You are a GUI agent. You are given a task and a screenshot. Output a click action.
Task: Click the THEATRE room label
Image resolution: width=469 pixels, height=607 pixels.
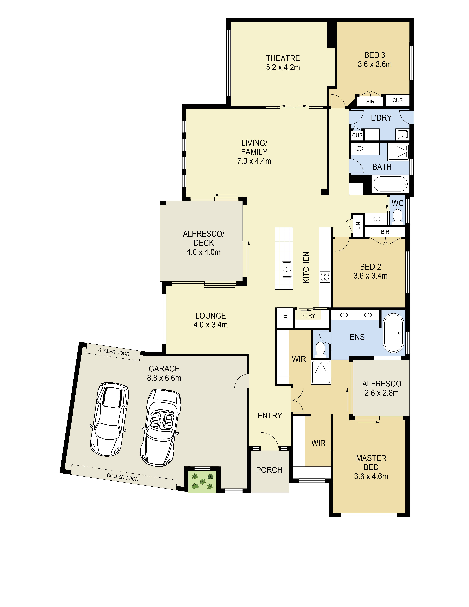(283, 58)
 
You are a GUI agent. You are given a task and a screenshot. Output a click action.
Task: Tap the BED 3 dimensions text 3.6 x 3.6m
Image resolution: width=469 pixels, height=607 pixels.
(375, 64)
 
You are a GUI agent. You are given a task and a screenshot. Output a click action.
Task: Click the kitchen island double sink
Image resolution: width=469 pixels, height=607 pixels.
(287, 269)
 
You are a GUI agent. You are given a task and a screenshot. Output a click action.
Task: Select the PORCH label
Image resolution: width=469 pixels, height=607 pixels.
(269, 470)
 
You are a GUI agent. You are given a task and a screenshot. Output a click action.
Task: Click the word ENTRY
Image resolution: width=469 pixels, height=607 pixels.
(269, 416)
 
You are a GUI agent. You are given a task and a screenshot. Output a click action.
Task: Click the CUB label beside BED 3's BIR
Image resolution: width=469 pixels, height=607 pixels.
(397, 100)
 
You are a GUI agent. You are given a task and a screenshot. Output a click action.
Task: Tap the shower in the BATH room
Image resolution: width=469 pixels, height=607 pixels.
(398, 152)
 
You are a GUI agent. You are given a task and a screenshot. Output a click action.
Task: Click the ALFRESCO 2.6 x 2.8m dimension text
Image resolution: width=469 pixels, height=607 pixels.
(381, 393)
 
